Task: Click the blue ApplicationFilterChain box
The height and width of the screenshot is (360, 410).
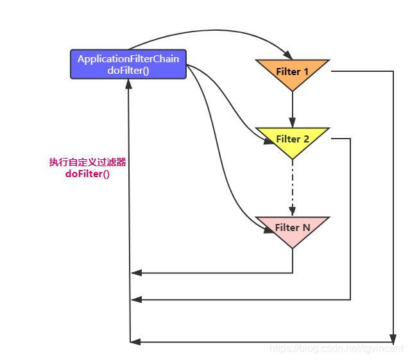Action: click(128, 65)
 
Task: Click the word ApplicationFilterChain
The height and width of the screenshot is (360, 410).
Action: click(128, 59)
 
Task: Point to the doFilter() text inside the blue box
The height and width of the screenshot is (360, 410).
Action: click(128, 71)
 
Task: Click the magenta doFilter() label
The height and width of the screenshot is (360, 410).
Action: click(87, 174)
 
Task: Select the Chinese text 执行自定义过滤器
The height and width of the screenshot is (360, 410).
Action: click(87, 162)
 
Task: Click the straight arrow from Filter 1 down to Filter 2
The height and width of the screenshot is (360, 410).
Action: click(293, 109)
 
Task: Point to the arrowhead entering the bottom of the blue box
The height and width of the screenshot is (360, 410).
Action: click(130, 84)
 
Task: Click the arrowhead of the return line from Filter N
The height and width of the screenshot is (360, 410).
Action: click(134, 273)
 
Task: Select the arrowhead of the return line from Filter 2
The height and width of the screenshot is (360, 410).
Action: click(134, 299)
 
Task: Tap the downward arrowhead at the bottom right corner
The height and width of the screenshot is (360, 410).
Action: click(392, 338)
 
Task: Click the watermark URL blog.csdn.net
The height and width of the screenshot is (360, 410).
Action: click(336, 348)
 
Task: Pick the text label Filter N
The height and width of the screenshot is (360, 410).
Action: click(293, 227)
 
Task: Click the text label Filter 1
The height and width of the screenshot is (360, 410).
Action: click(293, 71)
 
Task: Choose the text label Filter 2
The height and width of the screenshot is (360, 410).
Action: click(293, 139)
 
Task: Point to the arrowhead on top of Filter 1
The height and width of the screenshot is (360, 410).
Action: click(287, 56)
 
